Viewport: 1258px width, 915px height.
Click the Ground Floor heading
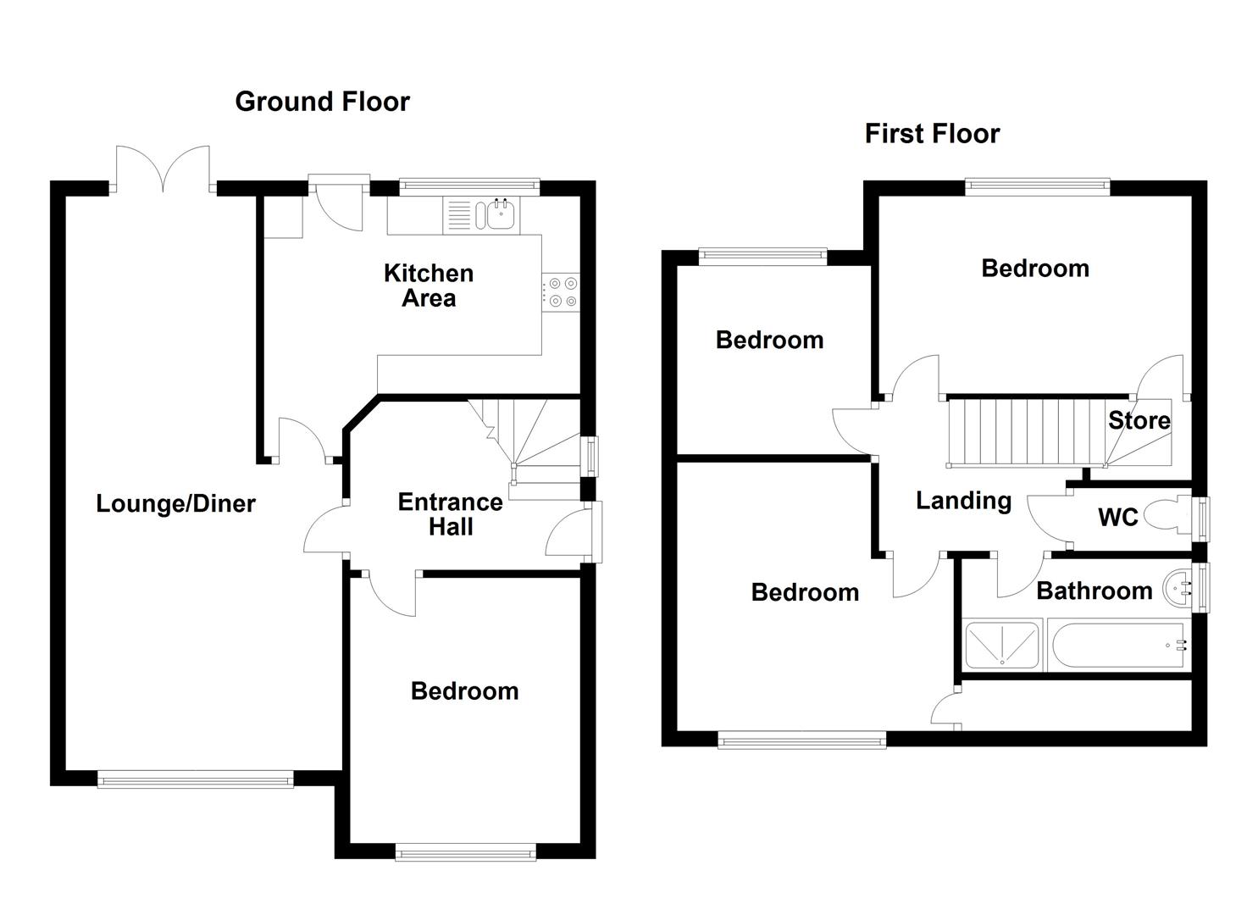(322, 102)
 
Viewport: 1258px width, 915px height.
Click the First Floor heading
(932, 134)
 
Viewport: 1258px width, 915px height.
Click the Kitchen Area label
(429, 286)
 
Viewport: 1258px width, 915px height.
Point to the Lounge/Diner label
(175, 504)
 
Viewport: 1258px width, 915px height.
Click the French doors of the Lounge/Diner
(163, 169)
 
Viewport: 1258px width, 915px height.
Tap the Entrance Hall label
(450, 514)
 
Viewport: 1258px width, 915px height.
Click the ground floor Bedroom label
(464, 691)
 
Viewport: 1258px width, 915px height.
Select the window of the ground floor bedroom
(466, 852)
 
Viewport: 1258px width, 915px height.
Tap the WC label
(1117, 518)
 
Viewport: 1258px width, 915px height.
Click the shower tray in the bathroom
(1002, 645)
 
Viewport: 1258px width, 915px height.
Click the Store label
(1139, 420)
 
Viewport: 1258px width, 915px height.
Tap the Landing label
(963, 501)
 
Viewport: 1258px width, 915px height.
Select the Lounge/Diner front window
(195, 779)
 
